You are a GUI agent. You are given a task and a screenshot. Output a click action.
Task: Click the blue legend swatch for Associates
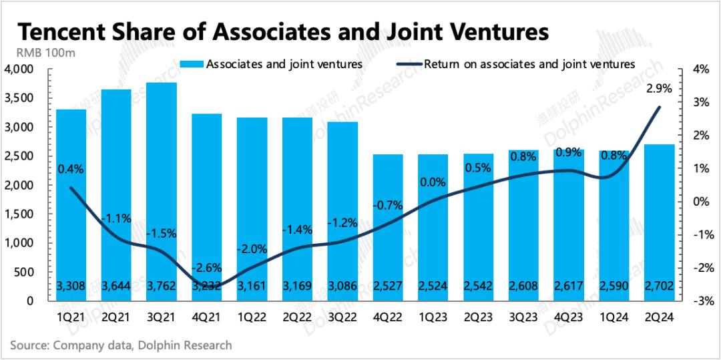point(192,64)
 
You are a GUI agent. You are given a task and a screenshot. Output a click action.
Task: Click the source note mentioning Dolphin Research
point(121,345)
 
